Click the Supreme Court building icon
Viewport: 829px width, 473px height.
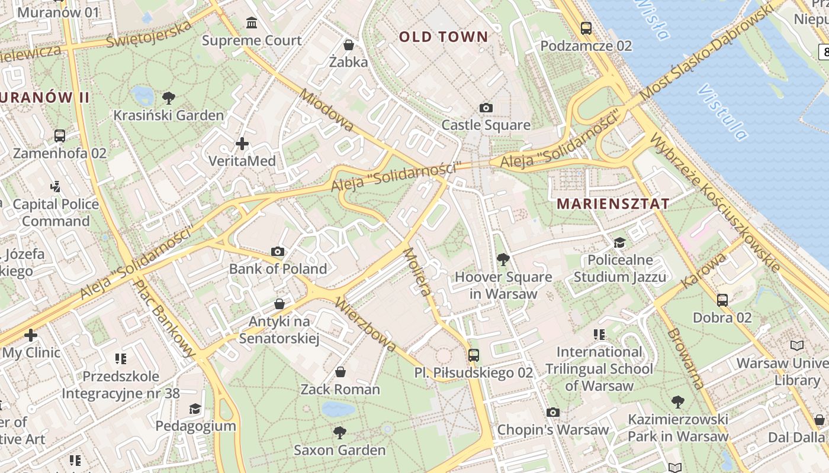tap(252, 23)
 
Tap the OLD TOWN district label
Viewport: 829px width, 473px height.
tap(444, 37)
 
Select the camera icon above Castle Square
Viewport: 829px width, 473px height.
tap(486, 108)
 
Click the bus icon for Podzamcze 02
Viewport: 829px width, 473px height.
tap(586, 28)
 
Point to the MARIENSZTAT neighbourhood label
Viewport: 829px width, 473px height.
tap(613, 204)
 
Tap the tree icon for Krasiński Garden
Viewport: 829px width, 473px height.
tap(169, 98)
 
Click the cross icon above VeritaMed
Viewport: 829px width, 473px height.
tap(242, 144)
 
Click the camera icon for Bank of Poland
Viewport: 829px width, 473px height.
tap(278, 252)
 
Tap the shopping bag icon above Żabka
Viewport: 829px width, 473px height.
tap(349, 44)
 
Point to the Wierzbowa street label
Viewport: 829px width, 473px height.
tap(365, 324)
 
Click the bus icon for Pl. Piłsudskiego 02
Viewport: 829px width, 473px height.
tap(473, 355)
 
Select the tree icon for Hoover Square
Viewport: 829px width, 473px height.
tap(503, 259)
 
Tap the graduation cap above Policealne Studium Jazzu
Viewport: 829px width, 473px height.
tap(619, 242)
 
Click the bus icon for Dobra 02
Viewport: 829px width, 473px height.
tap(722, 300)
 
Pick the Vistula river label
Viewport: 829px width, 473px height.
tap(723, 112)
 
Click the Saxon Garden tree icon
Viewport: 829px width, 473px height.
tap(340, 433)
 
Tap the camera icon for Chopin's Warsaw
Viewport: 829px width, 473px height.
tap(552, 412)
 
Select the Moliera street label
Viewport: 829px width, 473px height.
tap(416, 271)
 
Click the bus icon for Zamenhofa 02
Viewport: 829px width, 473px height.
tap(60, 135)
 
